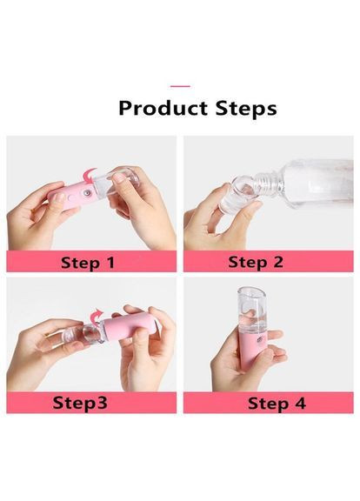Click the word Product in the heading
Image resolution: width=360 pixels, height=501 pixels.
pyautogui.click(x=163, y=108)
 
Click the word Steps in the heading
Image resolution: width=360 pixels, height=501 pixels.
pyautogui.click(x=246, y=109)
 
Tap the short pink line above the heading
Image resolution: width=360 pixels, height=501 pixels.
pyautogui.click(x=180, y=86)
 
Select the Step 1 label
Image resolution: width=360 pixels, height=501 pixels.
pyautogui.click(x=88, y=263)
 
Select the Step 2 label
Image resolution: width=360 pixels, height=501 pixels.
pyautogui.click(x=256, y=262)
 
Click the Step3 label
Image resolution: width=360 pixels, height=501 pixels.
pyautogui.click(x=80, y=402)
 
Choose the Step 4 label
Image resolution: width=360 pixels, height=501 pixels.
pyautogui.click(x=277, y=404)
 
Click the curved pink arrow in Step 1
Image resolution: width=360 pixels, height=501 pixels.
pyautogui.click(x=90, y=176)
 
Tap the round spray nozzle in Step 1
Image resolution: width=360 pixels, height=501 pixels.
pyautogui.click(x=86, y=193)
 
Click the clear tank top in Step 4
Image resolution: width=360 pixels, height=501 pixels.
pyautogui.click(x=252, y=310)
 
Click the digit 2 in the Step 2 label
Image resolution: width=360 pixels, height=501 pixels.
pyautogui.click(x=277, y=262)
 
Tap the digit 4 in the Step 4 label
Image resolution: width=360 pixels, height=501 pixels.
pyautogui.click(x=299, y=404)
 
